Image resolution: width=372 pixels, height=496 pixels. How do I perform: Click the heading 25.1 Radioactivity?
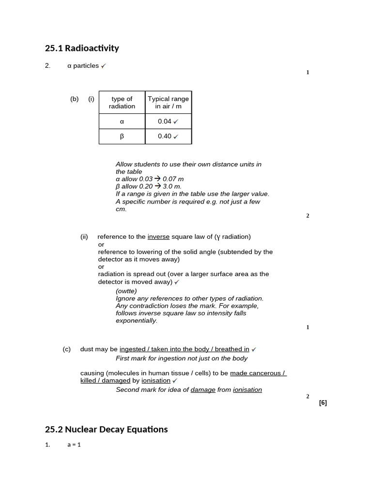click(x=82, y=48)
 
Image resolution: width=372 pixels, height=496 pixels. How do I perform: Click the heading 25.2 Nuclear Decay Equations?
click(x=106, y=429)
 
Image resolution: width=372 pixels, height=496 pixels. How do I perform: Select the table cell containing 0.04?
click(x=168, y=121)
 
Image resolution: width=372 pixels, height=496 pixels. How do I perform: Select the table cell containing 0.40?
click(x=168, y=136)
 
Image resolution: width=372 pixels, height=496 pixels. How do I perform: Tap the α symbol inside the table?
click(x=122, y=122)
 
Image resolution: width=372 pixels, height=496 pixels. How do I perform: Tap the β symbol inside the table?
click(x=122, y=137)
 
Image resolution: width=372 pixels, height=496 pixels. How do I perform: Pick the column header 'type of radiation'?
click(x=122, y=102)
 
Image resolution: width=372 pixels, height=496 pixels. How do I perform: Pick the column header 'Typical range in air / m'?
click(x=168, y=102)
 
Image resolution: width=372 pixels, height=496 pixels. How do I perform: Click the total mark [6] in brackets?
click(x=323, y=403)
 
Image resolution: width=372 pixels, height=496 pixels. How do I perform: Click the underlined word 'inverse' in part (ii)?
click(x=158, y=237)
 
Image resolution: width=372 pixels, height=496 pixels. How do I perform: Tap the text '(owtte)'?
click(x=126, y=291)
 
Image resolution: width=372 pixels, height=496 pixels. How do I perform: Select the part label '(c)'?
click(x=66, y=349)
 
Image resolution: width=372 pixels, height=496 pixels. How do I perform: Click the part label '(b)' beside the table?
click(x=74, y=99)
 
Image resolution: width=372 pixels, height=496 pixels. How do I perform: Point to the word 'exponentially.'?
click(x=137, y=321)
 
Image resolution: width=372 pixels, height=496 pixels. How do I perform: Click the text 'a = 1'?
click(x=74, y=445)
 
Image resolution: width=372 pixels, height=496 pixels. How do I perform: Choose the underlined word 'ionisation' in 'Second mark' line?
click(x=248, y=390)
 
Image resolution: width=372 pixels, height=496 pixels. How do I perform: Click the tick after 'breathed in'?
click(x=254, y=349)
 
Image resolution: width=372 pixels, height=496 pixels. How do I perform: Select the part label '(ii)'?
click(x=84, y=237)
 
